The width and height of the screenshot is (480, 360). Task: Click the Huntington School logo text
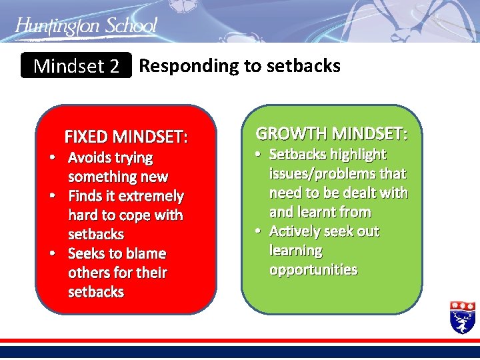point(86,26)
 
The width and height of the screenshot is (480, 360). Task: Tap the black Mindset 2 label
point(76,66)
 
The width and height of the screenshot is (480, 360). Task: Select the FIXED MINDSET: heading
point(126,137)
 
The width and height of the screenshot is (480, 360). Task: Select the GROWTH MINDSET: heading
point(332,133)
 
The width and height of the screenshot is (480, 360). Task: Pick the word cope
point(135,215)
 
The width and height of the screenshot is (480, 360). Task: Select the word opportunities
point(313,270)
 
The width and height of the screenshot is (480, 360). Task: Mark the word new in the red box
point(154,177)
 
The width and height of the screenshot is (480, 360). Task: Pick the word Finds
point(86,197)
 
